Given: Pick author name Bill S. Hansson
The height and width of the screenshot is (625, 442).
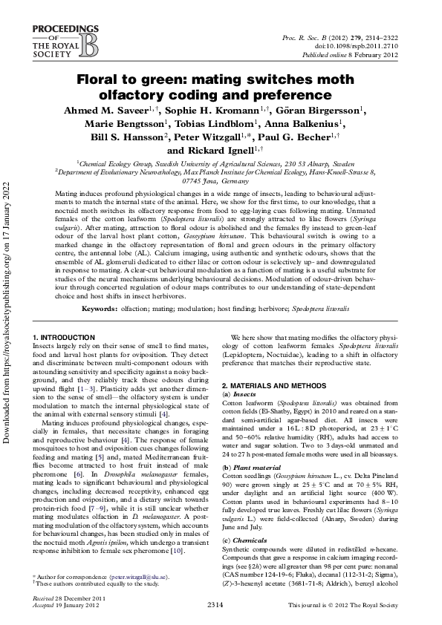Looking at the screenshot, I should click(128, 137).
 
